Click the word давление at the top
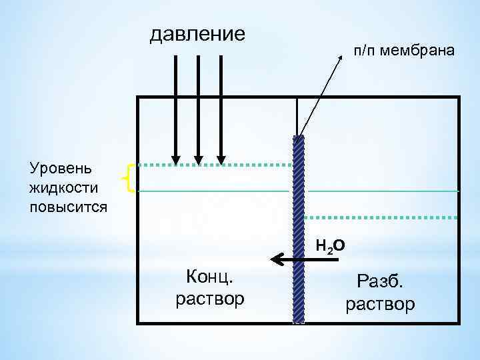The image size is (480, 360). click(197, 33)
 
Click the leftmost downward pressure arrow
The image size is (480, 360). click(175, 107)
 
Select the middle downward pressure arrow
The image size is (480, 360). click(199, 107)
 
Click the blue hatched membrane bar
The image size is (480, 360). click(299, 227)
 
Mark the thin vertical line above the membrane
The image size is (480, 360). click(297, 117)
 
